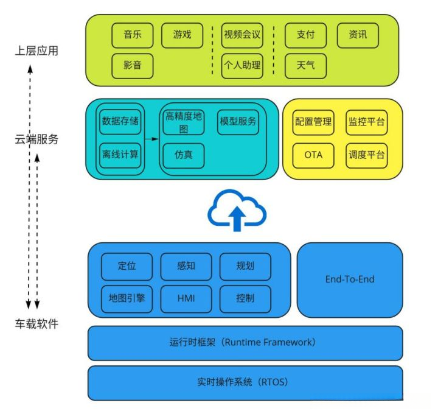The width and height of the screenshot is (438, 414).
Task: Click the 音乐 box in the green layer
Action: coord(133,35)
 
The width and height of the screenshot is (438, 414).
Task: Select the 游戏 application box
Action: coord(182,35)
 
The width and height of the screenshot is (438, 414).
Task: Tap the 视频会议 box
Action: coord(242,35)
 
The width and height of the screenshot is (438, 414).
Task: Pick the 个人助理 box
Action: coord(242,65)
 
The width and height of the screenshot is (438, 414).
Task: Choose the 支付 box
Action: coord(305,35)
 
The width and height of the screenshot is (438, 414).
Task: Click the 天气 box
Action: coord(305,65)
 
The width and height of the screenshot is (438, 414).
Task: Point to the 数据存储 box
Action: coord(120,121)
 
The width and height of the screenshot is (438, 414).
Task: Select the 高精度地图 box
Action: coord(184,122)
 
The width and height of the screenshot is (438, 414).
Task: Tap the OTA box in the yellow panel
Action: coord(313,155)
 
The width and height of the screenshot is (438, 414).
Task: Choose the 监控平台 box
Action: coord(366,122)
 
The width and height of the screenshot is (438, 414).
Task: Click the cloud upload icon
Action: coord(237,211)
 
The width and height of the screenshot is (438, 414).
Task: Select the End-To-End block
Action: coord(350,279)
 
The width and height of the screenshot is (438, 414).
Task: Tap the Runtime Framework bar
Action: coord(245,342)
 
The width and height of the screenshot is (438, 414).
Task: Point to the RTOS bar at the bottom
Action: coord(245,382)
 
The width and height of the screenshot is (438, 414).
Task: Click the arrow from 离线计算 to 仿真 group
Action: coord(152,139)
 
